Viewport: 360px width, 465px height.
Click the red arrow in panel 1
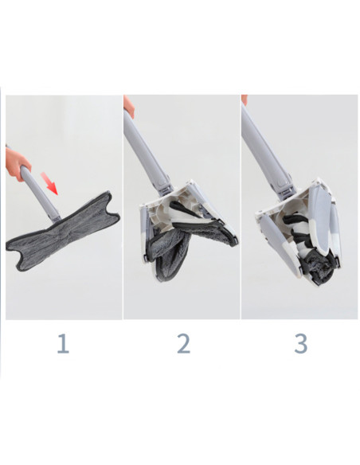[x=50, y=186]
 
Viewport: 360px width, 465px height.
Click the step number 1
[x=63, y=344]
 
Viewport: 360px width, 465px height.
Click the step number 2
[x=183, y=344]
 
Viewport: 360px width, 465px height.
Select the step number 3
[x=300, y=344]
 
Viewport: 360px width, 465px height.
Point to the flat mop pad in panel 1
[x=64, y=227]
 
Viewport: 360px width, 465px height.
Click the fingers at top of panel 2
[x=128, y=105]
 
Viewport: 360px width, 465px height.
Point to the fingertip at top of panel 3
[x=245, y=100]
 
